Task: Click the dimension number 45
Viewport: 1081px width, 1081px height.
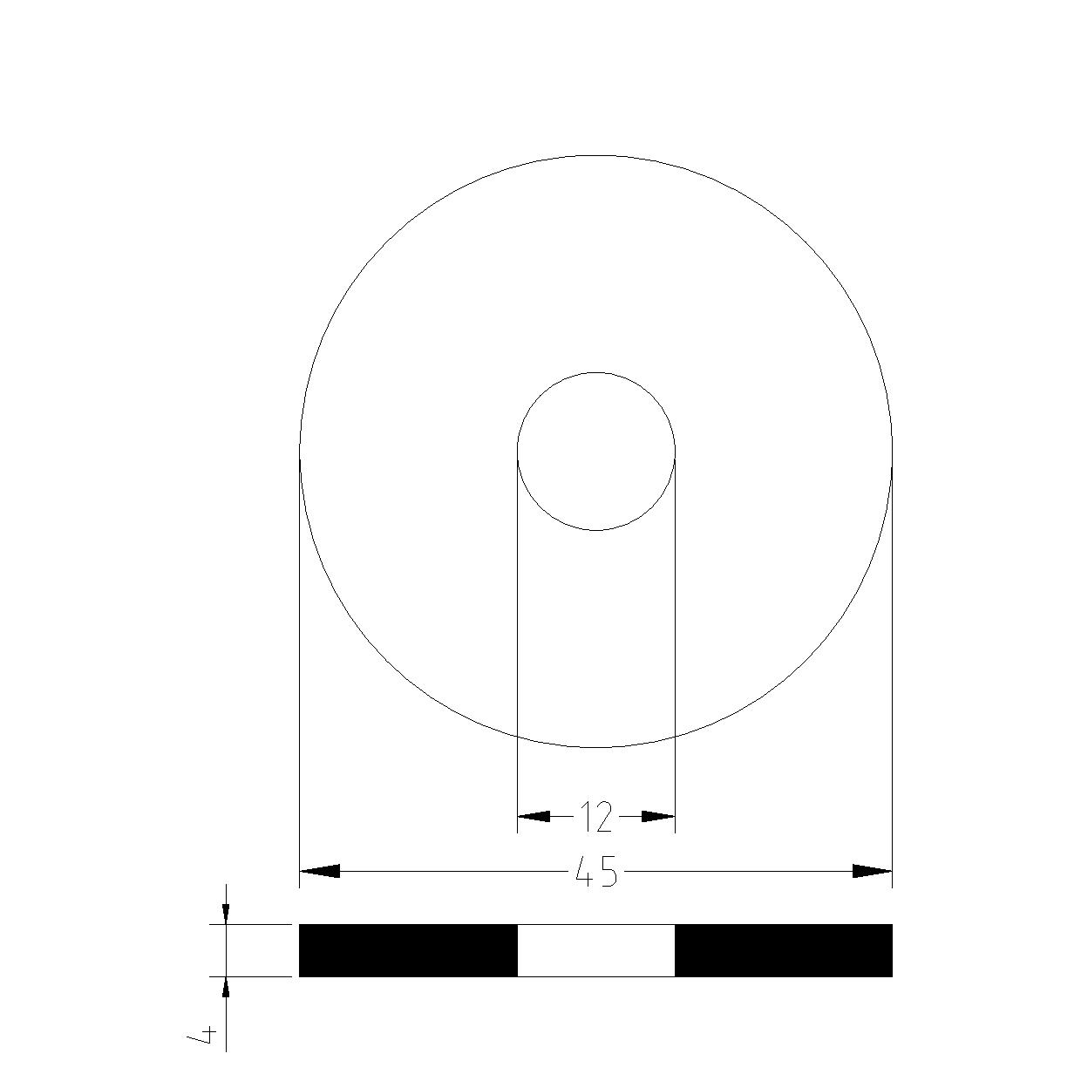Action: [x=595, y=871]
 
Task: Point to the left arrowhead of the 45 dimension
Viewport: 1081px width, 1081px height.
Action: [x=320, y=871]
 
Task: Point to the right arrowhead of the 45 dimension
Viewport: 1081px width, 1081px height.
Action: [x=873, y=871]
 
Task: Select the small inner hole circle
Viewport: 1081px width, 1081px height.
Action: [x=517, y=451]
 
